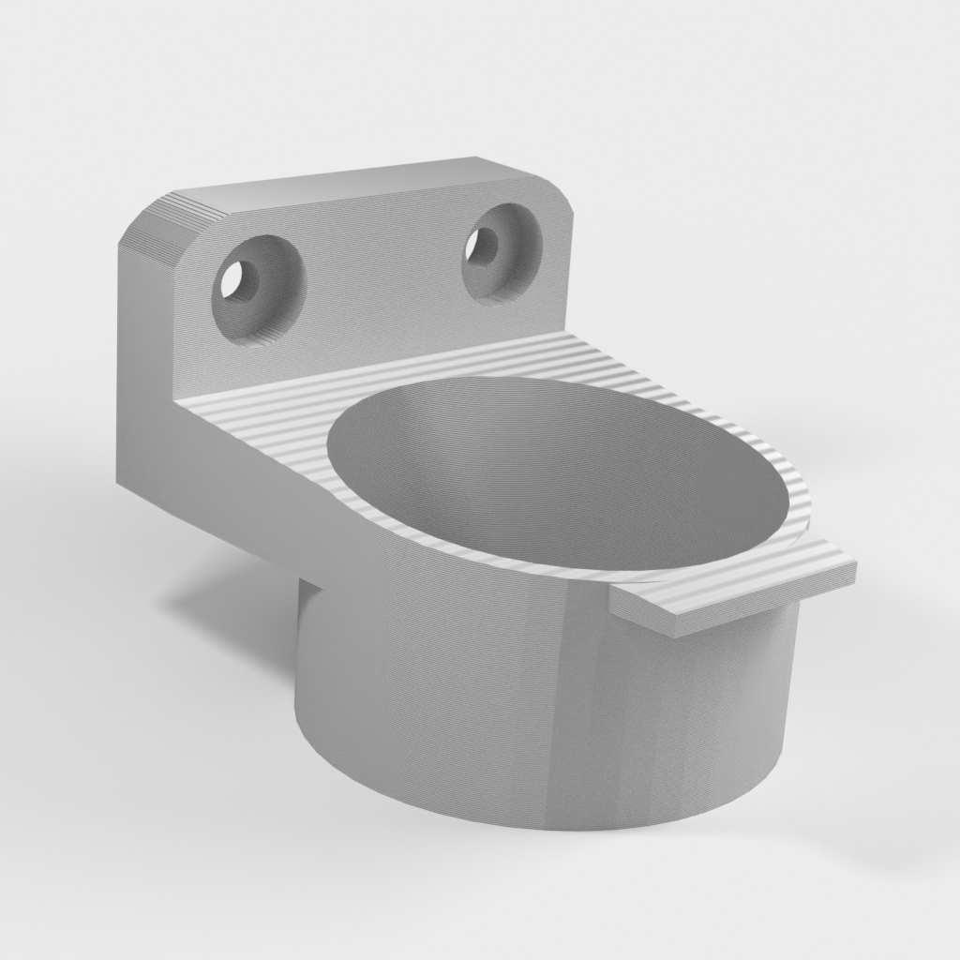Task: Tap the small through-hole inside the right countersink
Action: coord(485,247)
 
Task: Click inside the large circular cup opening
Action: coord(562,469)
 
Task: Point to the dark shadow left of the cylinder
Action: coord(234,609)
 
